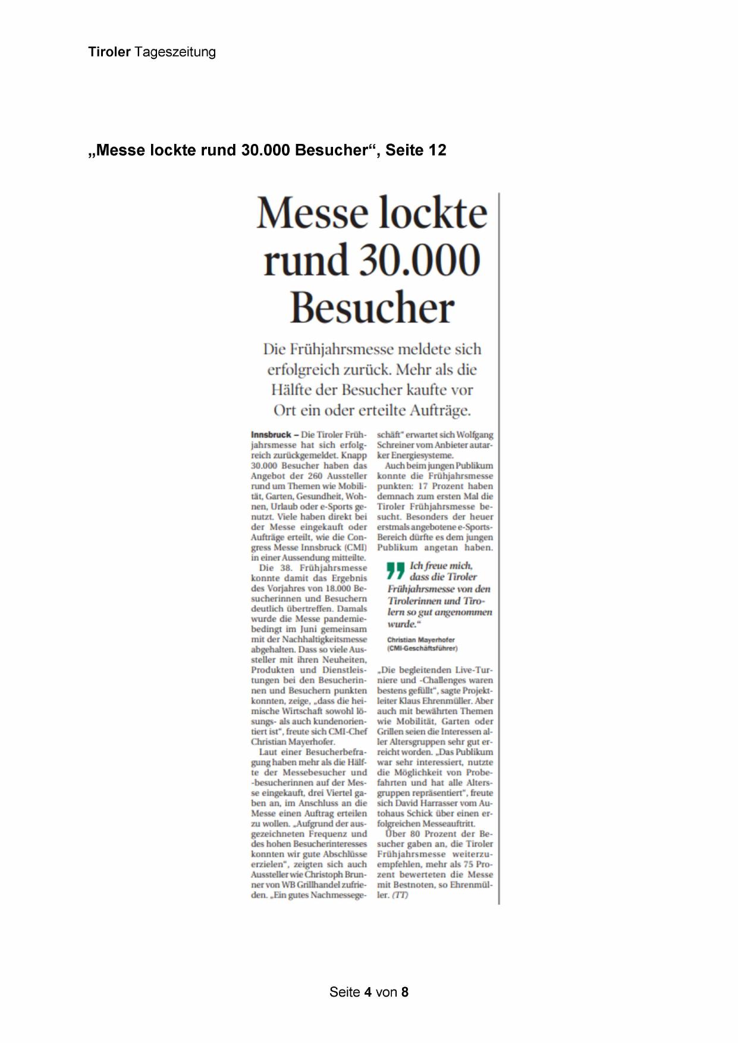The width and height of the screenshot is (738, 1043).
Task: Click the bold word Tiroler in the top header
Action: (109, 52)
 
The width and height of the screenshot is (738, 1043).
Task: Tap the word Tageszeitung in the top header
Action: (175, 52)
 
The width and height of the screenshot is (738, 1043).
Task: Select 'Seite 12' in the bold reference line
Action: (416, 150)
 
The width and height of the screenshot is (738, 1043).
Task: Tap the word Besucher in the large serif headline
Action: (372, 308)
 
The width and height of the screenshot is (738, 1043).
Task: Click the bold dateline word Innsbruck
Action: (271, 435)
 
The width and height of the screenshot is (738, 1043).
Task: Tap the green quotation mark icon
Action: (395, 571)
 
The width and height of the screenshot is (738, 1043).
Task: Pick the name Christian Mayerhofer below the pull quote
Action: (421, 640)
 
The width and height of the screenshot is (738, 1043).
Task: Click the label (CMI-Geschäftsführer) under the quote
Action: (422, 648)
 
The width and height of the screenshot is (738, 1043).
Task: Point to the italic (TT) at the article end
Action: (400, 895)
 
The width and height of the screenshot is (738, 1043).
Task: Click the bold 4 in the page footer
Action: (368, 992)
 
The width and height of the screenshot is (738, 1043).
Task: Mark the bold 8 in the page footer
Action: (405, 992)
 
